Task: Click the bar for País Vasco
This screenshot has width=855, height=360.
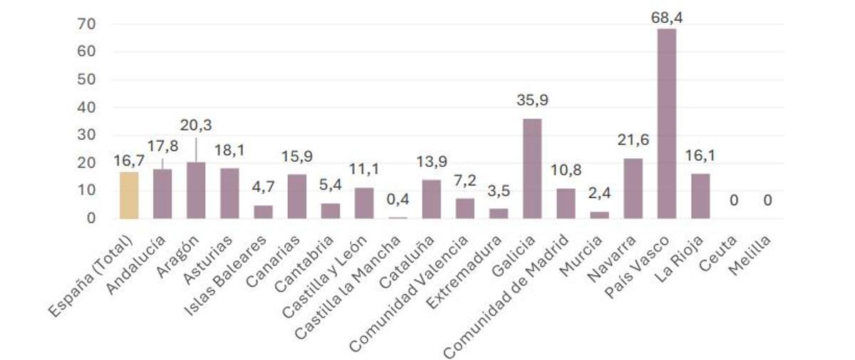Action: click(x=667, y=123)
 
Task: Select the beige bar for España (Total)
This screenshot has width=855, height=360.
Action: click(x=129, y=195)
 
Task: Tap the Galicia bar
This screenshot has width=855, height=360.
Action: click(x=532, y=168)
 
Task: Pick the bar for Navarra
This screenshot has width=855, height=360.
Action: click(x=633, y=188)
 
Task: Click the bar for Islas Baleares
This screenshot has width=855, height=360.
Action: click(x=263, y=212)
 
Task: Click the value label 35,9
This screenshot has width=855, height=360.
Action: click(x=532, y=100)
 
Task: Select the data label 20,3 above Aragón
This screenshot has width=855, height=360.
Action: click(x=196, y=125)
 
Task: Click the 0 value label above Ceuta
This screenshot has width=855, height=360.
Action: click(x=734, y=201)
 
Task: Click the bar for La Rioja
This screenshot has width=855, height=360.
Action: click(x=700, y=195)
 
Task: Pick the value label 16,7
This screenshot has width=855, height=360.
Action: click(x=129, y=161)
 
